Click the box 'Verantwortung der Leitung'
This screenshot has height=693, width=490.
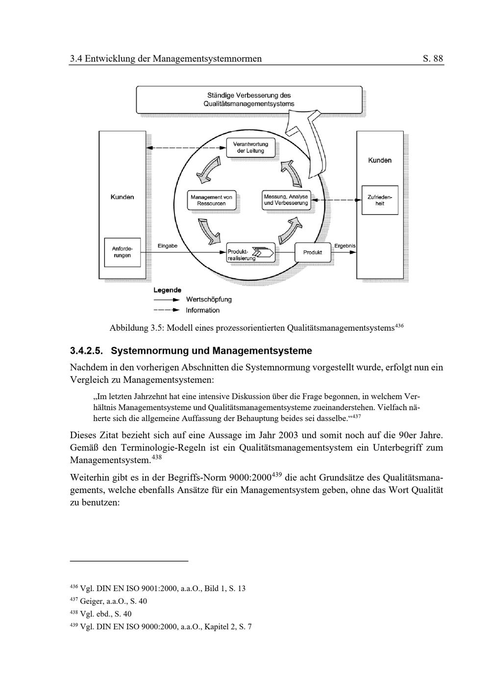click(x=250, y=148)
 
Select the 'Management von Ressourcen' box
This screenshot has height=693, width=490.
click(x=211, y=200)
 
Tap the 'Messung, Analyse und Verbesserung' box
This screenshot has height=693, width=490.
click(x=286, y=200)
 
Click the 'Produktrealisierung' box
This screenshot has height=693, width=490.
click(x=249, y=253)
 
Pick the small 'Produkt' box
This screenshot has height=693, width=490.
click(x=313, y=252)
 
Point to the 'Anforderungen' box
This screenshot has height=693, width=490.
click(x=122, y=252)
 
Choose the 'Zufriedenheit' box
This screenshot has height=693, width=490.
click(x=380, y=200)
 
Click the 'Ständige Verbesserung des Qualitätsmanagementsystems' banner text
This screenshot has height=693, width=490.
click(x=249, y=99)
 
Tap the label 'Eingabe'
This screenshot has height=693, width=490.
click(x=168, y=246)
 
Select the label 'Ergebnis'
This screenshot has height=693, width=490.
click(x=345, y=246)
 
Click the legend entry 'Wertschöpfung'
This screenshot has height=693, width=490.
click(x=208, y=299)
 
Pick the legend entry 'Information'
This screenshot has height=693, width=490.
click(x=202, y=310)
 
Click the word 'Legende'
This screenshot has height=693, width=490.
click(x=167, y=290)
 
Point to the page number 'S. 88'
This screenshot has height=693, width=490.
click(x=433, y=59)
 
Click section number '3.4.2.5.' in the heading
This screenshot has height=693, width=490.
click(x=87, y=351)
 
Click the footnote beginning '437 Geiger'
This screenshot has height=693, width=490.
click(x=108, y=601)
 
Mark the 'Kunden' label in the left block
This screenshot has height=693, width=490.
click(x=122, y=197)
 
